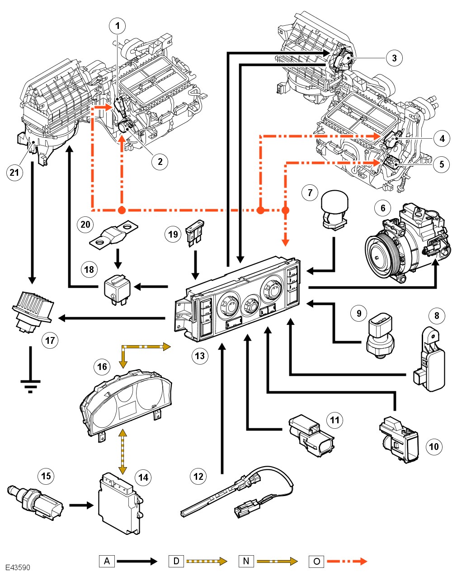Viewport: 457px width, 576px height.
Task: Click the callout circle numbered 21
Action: pyautogui.click(x=14, y=173)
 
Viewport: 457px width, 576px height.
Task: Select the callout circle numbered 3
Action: pyautogui.click(x=394, y=58)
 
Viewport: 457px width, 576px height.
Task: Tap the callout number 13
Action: pyautogui.click(x=200, y=356)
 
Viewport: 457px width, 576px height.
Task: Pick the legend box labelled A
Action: pyautogui.click(x=107, y=561)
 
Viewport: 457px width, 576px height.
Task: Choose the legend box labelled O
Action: pyautogui.click(x=316, y=561)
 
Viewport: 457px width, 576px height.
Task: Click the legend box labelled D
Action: pyautogui.click(x=176, y=561)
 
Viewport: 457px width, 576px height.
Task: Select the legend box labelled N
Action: pyautogui.click(x=246, y=561)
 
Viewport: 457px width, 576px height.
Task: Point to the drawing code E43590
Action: pyautogui.click(x=18, y=567)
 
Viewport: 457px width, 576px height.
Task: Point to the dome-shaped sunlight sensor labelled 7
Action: pyautogui.click(x=335, y=209)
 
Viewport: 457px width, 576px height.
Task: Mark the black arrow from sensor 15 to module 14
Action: pyautogui.click(x=81, y=506)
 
